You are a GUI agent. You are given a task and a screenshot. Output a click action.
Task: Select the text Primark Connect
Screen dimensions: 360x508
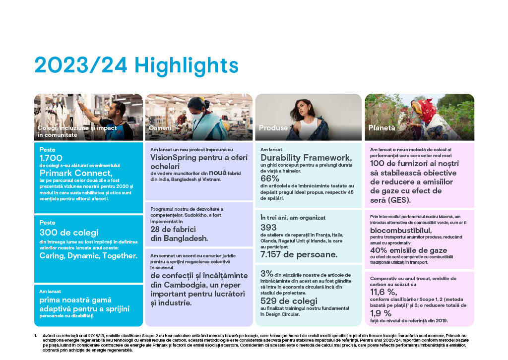(76, 173)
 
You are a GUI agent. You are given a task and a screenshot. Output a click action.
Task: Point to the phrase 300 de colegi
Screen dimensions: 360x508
(69, 232)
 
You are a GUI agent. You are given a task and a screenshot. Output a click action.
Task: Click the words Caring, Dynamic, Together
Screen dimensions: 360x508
(88, 255)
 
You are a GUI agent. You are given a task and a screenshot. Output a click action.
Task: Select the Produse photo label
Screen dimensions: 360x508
(273, 128)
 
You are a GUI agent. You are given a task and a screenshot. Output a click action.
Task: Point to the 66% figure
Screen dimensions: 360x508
(270, 178)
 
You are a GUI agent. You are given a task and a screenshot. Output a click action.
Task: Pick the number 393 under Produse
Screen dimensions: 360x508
(269, 227)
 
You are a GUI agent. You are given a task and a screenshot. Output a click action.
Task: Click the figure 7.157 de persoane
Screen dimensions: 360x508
(299, 254)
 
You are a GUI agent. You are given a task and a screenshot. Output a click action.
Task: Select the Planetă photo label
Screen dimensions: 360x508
(381, 128)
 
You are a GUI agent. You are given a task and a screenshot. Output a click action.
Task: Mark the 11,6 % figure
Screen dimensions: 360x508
(384, 292)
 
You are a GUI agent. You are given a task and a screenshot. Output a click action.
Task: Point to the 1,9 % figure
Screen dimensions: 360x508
(381, 313)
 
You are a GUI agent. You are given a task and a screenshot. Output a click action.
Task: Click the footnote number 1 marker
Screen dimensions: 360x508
(35, 336)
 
